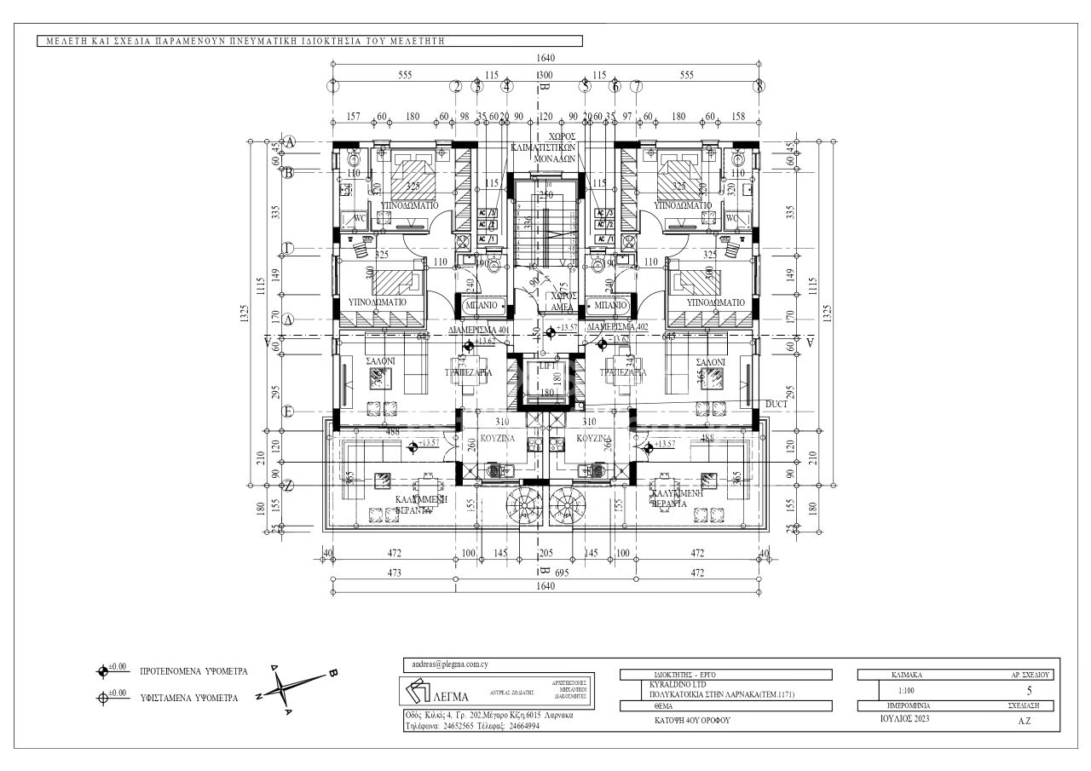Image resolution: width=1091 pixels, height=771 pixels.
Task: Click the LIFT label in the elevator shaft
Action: click(x=545, y=365)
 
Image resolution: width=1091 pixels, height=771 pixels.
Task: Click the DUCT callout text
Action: click(x=776, y=403)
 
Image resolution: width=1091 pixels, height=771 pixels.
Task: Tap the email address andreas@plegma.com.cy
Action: click(x=443, y=664)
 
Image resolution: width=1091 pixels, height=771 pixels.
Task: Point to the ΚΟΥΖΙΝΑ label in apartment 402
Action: click(x=591, y=438)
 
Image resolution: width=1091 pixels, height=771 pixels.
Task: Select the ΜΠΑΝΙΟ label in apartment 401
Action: click(x=483, y=304)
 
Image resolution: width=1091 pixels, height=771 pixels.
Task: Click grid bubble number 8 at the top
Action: click(x=759, y=86)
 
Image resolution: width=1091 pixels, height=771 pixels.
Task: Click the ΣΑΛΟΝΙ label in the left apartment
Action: click(x=380, y=361)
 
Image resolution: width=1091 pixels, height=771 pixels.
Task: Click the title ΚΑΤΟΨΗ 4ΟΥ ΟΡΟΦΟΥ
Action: click(x=687, y=720)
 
